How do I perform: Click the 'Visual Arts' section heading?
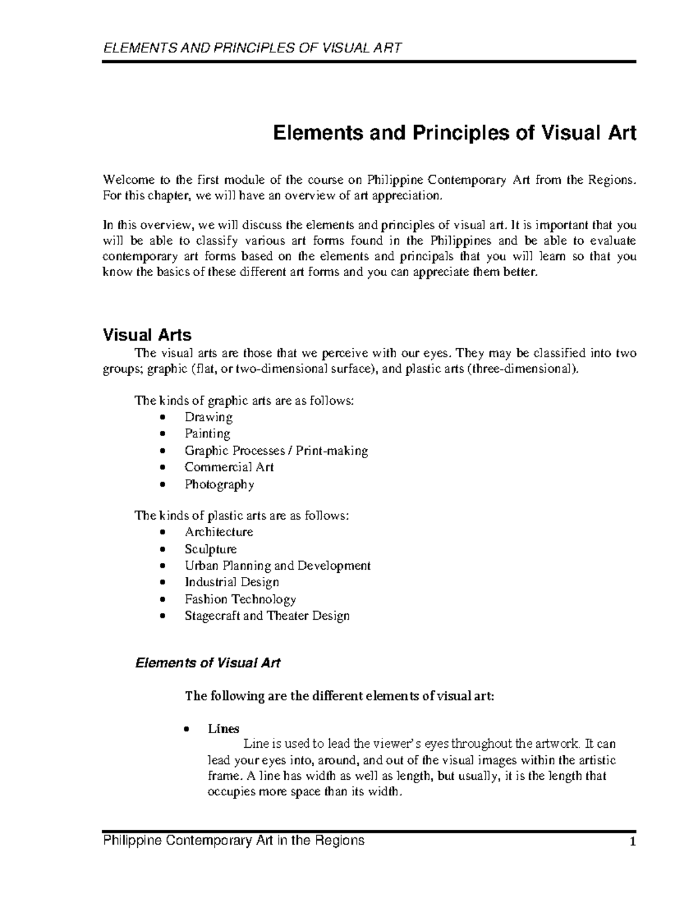point(147,335)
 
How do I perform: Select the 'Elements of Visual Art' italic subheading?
point(208,663)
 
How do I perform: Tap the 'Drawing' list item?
point(208,417)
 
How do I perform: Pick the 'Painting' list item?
point(207,434)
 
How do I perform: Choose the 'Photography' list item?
point(219,484)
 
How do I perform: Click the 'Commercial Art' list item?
point(229,467)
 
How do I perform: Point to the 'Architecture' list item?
point(219,532)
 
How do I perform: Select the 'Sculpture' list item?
point(211,549)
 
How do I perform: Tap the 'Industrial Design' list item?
point(232,582)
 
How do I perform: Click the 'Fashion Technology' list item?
point(240,599)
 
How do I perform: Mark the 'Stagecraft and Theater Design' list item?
point(267,616)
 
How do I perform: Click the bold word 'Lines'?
point(223,729)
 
